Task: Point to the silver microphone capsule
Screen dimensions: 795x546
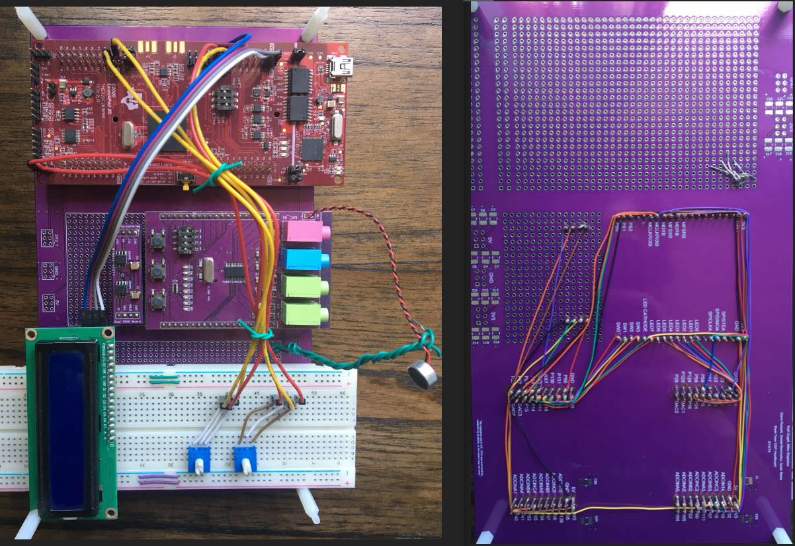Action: (x=423, y=375)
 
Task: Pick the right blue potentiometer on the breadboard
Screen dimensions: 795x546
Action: (x=245, y=459)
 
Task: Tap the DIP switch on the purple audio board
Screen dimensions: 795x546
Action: (x=188, y=238)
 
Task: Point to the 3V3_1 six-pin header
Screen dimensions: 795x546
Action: (x=47, y=236)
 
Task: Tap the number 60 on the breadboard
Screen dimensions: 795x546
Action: (x=341, y=393)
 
